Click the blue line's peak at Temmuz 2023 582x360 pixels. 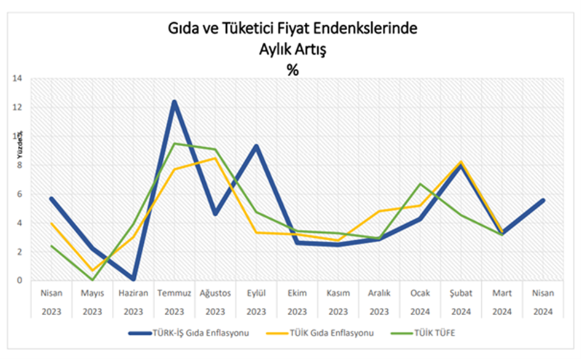174,102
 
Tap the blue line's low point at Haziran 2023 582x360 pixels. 133,279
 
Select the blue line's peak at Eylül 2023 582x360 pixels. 256,146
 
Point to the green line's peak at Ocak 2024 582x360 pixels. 420,184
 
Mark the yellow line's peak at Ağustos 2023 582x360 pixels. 215,158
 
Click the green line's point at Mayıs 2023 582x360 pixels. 92,280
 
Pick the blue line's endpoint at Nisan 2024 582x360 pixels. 543,200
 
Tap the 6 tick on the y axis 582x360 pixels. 19,194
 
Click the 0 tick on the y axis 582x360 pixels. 19,281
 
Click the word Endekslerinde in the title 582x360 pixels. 376,29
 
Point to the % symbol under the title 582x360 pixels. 292,70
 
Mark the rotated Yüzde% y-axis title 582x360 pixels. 20,144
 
